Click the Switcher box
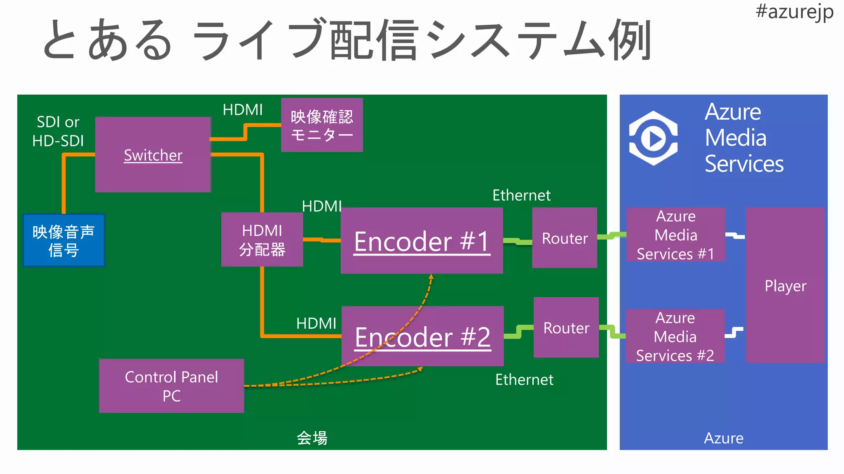tap(153, 155)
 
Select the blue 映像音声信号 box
tap(63, 240)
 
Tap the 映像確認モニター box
tap(321, 125)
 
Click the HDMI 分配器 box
tap(262, 239)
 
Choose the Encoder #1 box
tap(422, 241)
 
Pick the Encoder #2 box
tap(422, 337)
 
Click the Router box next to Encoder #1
tap(564, 238)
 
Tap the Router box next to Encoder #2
tap(566, 328)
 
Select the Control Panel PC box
tap(171, 386)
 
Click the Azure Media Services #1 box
tap(675, 235)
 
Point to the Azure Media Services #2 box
tap(675, 336)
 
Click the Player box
tap(785, 285)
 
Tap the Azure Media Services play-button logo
tap(653, 138)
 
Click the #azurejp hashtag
tap(794, 12)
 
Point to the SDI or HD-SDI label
tap(58, 131)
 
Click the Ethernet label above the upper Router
tap(521, 195)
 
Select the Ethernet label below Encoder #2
tap(524, 379)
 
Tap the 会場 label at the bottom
tap(312, 438)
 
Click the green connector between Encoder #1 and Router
tap(517, 242)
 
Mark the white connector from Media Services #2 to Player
tap(734, 332)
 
